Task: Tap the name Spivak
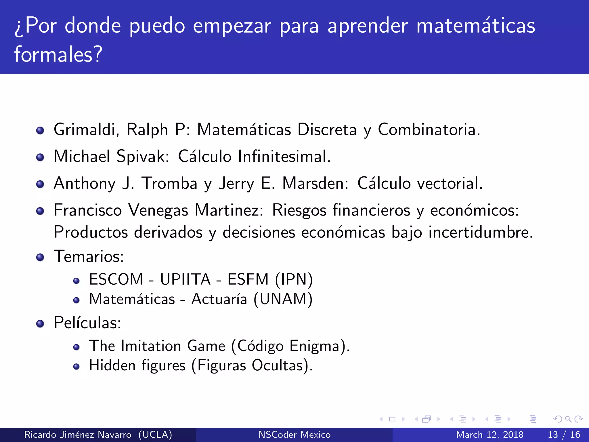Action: pos(143,157)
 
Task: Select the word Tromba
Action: pos(170,183)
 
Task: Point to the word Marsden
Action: pos(315,183)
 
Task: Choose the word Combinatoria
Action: pos(429,129)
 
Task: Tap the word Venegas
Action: pos(158,210)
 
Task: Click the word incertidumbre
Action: pos(481,232)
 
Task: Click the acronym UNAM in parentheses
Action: pos(283,299)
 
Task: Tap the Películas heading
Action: pos(87,323)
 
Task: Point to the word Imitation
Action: pos(151,346)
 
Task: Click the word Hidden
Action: pos(112,365)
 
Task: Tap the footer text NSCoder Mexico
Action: pos(294,435)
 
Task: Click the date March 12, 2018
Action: pos(489,435)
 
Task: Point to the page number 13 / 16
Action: pos(564,435)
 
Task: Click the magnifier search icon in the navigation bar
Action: pos(568,419)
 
